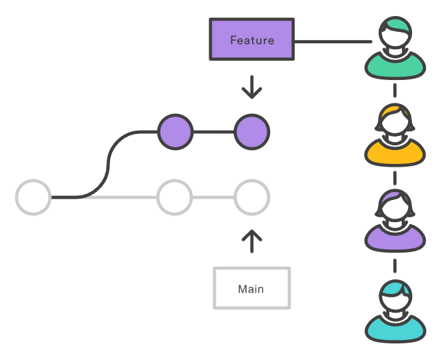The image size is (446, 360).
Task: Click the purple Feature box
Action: click(x=252, y=40)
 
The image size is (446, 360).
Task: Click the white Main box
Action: click(x=251, y=289)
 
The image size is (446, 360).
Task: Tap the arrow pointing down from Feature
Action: click(x=251, y=87)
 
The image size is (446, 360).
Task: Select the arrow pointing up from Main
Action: click(x=251, y=241)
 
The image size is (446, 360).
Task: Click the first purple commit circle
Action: click(x=175, y=131)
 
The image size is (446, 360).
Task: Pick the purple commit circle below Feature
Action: click(x=252, y=131)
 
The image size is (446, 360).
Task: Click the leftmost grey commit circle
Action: click(x=33, y=197)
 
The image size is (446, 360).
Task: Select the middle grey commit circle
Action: click(x=175, y=197)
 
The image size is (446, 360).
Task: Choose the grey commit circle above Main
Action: click(x=252, y=197)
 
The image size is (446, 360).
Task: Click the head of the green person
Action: click(x=395, y=37)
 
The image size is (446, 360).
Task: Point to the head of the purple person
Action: click(x=395, y=210)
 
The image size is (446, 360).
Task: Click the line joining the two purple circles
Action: click(x=213, y=131)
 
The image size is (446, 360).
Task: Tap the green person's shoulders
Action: click(x=395, y=67)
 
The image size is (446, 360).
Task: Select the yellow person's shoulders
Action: click(x=395, y=154)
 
